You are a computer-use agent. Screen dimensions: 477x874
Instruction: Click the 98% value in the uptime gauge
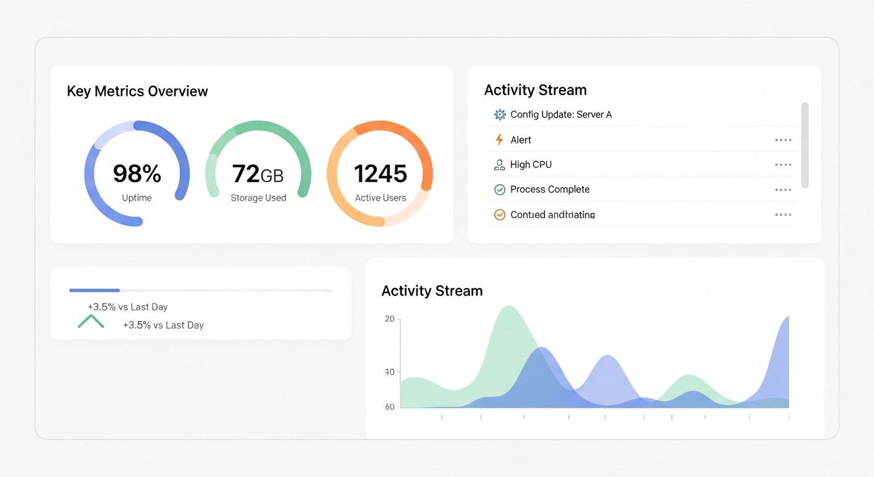(x=137, y=174)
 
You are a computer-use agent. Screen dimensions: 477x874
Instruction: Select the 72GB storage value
(x=258, y=174)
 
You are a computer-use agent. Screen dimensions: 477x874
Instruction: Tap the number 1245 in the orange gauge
(x=380, y=174)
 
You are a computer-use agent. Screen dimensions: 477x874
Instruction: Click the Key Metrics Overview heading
(x=137, y=91)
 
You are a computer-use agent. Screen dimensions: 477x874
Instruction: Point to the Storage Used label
(x=258, y=198)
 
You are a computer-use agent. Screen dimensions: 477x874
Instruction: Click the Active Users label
(x=380, y=198)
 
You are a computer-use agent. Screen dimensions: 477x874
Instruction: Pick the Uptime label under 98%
(x=137, y=198)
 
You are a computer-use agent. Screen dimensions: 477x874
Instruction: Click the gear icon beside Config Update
(x=500, y=114)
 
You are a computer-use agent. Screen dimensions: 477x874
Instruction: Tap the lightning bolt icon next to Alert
(x=499, y=140)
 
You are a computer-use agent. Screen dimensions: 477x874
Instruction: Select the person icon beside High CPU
(x=499, y=165)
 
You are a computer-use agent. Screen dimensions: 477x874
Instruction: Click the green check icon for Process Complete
(x=499, y=189)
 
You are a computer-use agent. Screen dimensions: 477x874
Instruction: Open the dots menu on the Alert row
(x=783, y=140)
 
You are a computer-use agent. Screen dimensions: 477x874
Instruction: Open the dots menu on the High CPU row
(x=783, y=165)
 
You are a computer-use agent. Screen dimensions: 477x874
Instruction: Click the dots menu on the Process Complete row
(x=783, y=190)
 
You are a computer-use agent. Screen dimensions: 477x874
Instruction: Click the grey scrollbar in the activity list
(x=804, y=145)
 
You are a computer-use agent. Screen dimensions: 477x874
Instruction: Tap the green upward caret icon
(x=91, y=322)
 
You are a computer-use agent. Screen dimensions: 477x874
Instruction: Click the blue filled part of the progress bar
(x=94, y=290)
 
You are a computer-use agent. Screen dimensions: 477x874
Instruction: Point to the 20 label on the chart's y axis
(x=390, y=319)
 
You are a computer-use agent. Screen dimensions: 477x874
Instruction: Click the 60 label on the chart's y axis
(x=390, y=407)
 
